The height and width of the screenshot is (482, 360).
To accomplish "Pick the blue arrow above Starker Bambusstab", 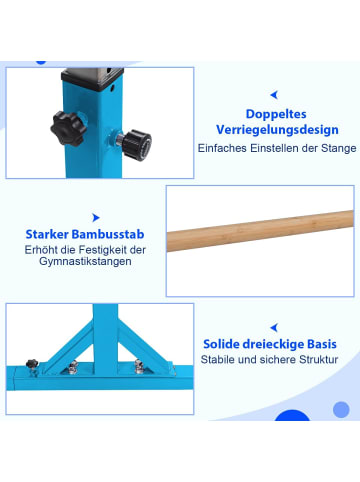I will pos(95,215).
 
